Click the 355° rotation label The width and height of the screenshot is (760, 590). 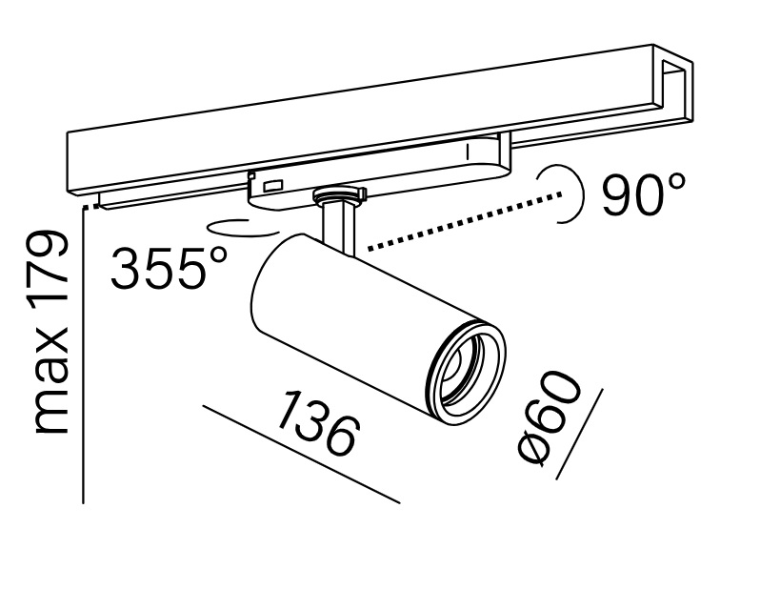(x=169, y=267)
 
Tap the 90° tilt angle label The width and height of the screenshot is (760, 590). (x=644, y=193)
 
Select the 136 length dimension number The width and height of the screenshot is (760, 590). (x=319, y=421)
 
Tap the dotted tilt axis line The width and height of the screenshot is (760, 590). (x=466, y=222)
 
